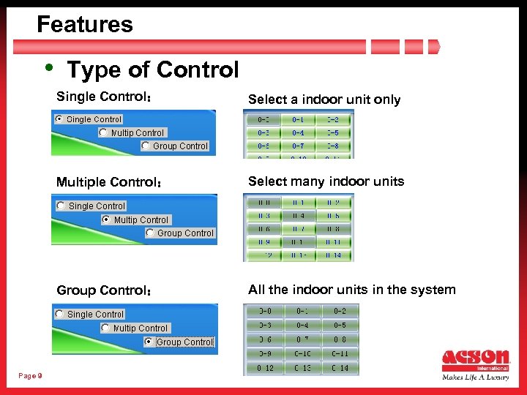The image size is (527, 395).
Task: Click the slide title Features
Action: (85, 25)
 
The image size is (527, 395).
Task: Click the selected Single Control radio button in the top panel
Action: (59, 119)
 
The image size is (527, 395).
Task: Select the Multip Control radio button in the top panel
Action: (103, 132)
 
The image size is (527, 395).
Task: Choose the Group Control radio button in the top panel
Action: (146, 146)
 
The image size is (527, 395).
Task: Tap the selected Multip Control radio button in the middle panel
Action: (107, 219)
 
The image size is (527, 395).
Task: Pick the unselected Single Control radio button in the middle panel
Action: (61, 206)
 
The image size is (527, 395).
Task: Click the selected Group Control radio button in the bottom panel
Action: (149, 342)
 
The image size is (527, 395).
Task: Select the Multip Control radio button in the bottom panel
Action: (105, 328)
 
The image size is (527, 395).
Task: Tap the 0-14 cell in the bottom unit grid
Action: (340, 368)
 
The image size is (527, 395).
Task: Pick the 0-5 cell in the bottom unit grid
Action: (340, 325)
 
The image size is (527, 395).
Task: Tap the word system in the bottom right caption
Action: (433, 290)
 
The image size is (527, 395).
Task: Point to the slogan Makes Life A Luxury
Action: (475, 378)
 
